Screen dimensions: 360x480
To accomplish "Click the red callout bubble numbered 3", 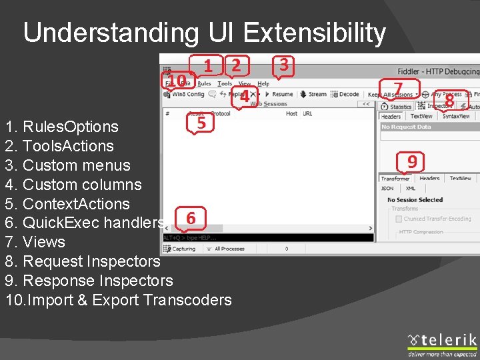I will click(x=283, y=65).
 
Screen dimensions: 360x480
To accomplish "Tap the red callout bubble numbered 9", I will click(x=412, y=162).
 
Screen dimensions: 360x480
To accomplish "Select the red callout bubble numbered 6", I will click(x=191, y=218).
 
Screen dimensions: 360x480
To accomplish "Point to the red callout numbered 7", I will click(x=398, y=89).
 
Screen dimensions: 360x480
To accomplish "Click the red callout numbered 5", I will click(x=201, y=123).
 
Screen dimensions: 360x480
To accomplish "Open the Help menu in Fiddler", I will click(x=263, y=84).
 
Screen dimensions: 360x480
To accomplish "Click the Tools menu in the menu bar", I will click(x=225, y=84).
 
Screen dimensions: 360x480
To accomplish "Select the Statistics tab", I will click(x=398, y=107).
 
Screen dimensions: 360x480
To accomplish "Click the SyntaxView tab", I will click(x=456, y=116).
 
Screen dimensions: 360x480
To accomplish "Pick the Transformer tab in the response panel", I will click(x=395, y=179).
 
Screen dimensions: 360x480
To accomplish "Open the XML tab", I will click(x=411, y=189).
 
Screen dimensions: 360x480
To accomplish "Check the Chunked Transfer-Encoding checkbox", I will click(x=399, y=219).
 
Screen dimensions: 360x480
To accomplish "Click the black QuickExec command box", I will click(x=267, y=237).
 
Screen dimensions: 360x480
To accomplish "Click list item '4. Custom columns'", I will click(x=73, y=185).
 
